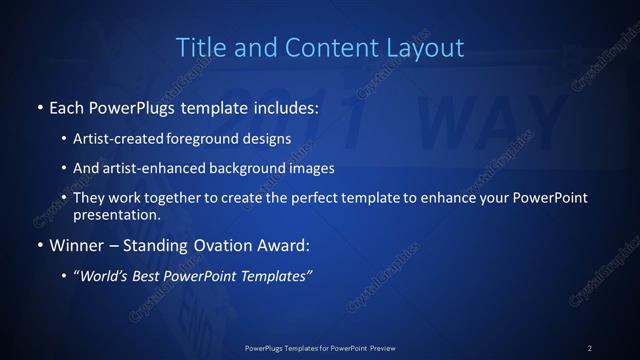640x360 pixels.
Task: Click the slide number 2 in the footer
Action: (590, 347)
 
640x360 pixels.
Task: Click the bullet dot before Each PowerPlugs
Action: (39, 107)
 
